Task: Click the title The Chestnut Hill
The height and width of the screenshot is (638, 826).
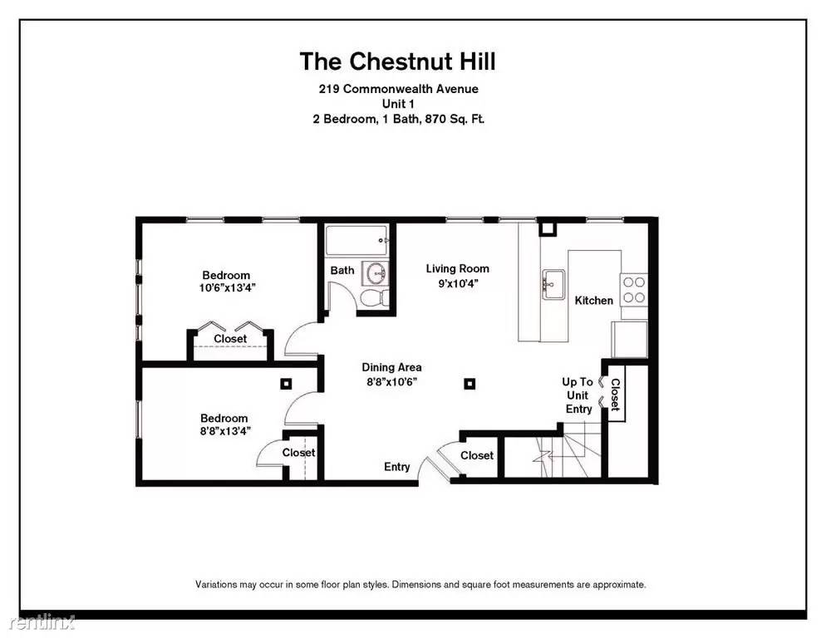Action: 398,61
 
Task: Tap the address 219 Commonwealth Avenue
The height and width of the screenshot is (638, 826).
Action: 399,89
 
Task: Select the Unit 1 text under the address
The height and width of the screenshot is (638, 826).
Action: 398,104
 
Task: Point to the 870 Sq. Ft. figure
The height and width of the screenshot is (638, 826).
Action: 455,119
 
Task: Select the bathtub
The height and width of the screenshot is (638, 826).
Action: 357,241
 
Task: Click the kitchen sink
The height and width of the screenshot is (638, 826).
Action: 553,284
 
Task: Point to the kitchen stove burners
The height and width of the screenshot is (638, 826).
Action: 634,290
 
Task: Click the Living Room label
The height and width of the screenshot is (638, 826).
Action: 458,268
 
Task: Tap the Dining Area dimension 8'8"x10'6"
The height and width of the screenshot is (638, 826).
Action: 392,382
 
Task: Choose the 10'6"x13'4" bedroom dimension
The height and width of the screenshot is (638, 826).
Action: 227,288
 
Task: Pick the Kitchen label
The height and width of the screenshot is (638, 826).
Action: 593,300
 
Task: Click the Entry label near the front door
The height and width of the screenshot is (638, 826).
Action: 396,467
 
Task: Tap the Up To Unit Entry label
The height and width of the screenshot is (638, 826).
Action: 578,395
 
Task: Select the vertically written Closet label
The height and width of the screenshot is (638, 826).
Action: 615,395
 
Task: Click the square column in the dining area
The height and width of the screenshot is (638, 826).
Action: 470,384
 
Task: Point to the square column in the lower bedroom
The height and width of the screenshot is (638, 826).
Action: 286,384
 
